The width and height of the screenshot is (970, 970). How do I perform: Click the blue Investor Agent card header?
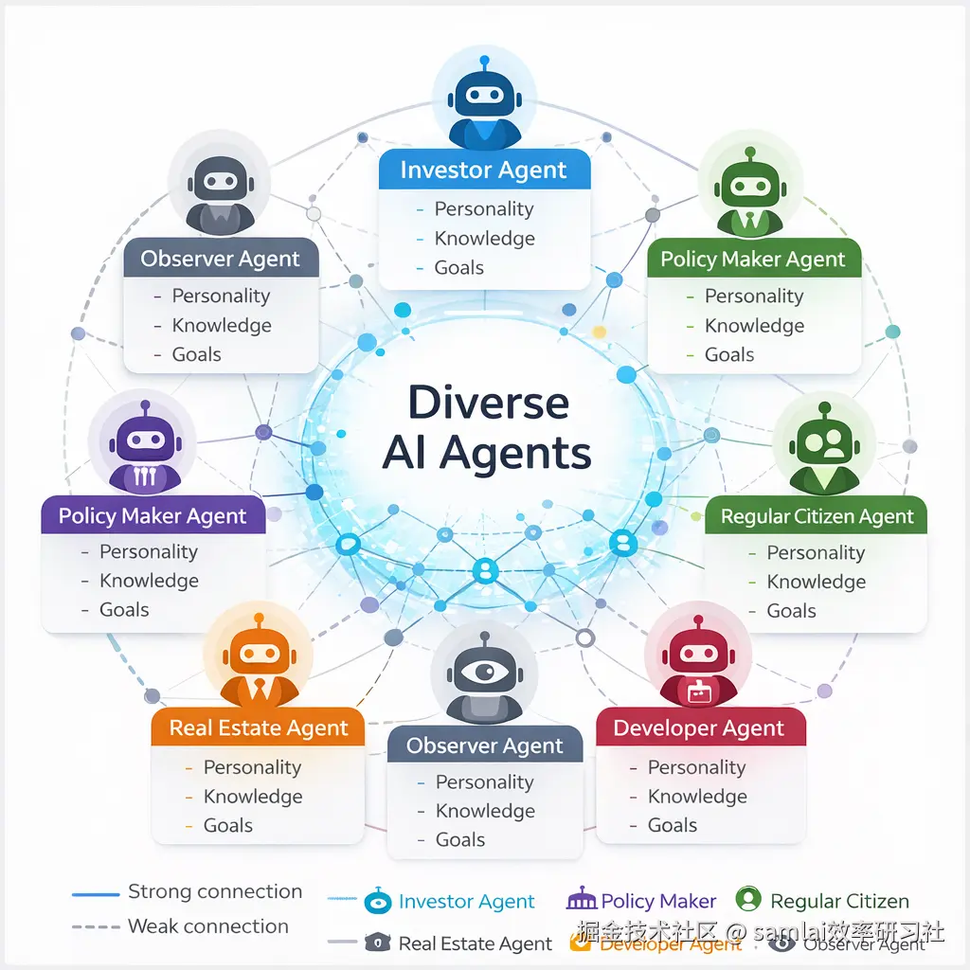click(484, 171)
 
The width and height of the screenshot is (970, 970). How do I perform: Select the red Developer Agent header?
click(700, 728)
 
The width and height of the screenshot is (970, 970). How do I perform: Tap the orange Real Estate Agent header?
click(259, 728)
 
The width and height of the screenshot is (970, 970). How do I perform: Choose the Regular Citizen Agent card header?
click(817, 516)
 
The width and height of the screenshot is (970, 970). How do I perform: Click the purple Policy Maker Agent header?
click(153, 516)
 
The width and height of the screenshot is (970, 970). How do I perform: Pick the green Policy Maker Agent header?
click(753, 260)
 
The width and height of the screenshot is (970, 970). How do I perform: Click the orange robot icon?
click(257, 657)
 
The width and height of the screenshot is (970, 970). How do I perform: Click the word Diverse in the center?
click(488, 403)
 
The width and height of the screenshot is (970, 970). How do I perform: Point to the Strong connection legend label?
click(215, 892)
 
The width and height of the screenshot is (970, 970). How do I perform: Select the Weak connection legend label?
click(208, 926)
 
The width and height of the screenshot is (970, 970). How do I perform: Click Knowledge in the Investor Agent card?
click(484, 239)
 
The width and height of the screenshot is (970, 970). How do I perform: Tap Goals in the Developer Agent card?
click(673, 825)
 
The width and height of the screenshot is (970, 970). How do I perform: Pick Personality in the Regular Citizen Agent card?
click(816, 553)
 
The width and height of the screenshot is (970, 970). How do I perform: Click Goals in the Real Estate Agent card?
click(228, 826)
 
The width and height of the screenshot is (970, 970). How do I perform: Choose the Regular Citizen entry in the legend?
click(839, 902)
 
